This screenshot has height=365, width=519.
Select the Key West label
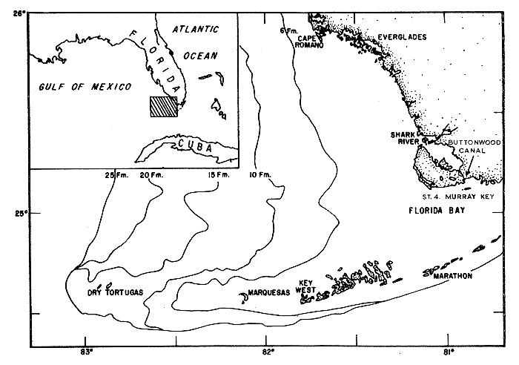click(x=307, y=286)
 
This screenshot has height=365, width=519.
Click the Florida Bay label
click(x=439, y=211)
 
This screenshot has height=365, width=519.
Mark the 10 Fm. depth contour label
click(x=260, y=175)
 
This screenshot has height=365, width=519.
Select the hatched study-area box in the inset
click(x=163, y=107)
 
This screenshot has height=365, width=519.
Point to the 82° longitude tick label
click(x=267, y=353)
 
